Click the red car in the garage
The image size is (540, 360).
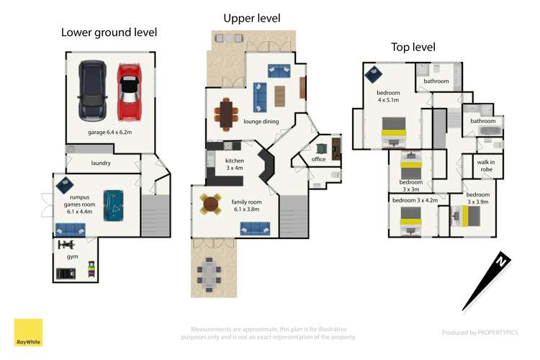pyautogui.click(x=130, y=91)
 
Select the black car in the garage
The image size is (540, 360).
pyautogui.click(x=92, y=91)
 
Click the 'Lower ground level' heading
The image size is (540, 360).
pyautogui.click(x=109, y=32)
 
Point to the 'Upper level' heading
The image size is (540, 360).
pyautogui.click(x=251, y=18)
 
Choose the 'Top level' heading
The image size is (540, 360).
pyautogui.click(x=413, y=48)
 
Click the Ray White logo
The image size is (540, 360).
pyautogui.click(x=28, y=333)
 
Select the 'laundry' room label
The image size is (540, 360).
pyautogui.click(x=101, y=163)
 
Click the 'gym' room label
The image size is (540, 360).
pyautogui.click(x=73, y=256)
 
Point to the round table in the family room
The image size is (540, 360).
pyautogui.click(x=210, y=204)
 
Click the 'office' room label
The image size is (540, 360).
pyautogui.click(x=319, y=159)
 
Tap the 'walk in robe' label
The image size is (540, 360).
pyautogui.click(x=485, y=166)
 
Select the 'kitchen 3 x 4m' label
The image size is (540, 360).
pyautogui.click(x=235, y=164)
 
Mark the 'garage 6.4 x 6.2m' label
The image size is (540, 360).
pyautogui.click(x=109, y=133)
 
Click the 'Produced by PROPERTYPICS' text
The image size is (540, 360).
pyautogui.click(x=480, y=333)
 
